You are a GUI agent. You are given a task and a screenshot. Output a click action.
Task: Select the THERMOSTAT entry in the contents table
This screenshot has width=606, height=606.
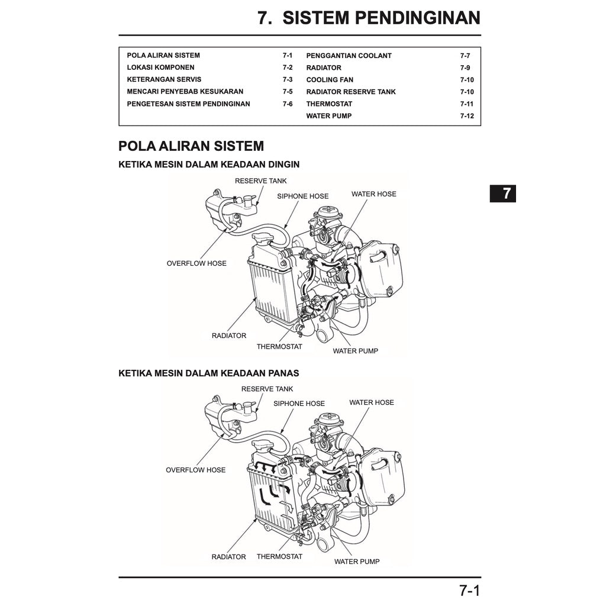tap(329, 104)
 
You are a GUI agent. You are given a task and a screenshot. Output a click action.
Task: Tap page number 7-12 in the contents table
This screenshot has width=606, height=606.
tap(466, 116)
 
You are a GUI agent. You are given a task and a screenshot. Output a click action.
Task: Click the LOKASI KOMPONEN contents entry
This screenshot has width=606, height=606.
tap(160, 67)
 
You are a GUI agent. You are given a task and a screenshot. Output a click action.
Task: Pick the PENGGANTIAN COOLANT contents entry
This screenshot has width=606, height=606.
tap(349, 56)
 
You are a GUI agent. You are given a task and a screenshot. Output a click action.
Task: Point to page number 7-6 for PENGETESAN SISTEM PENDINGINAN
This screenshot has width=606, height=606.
tap(287, 104)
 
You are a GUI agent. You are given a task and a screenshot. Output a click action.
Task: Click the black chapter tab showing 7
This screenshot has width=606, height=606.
tap(502, 194)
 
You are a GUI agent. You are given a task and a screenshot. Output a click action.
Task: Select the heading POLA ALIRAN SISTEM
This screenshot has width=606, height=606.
tap(191, 146)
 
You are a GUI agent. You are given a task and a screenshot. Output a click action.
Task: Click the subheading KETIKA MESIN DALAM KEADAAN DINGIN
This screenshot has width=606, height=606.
tap(209, 165)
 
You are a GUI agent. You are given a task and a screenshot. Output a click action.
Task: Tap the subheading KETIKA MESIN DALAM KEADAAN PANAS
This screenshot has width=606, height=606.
tap(208, 373)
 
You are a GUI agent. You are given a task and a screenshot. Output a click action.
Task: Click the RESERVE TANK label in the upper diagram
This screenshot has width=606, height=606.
tap(260, 181)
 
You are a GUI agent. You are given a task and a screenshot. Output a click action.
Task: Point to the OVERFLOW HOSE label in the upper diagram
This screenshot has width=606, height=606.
tap(196, 263)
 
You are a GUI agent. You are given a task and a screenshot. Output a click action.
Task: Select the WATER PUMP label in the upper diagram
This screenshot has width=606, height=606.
tap(355, 351)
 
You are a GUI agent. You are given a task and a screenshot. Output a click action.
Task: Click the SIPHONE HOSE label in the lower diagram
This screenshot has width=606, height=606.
tap(299, 404)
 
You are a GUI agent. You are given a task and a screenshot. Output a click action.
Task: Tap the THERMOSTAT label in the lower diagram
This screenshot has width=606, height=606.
tap(279, 556)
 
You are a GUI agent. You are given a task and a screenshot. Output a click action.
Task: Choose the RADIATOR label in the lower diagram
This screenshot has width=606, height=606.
tap(228, 557)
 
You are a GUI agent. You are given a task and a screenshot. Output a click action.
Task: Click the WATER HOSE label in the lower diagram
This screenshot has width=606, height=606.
tap(371, 402)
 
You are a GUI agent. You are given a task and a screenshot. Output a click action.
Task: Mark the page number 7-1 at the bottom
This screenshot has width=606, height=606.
tap(469, 590)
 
